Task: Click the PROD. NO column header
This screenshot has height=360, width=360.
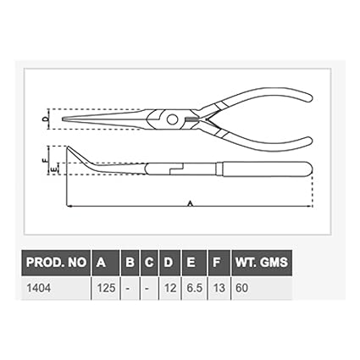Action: coord(55,263)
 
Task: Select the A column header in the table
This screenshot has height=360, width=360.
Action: coord(102,263)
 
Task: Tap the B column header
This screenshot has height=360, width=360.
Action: coord(129,263)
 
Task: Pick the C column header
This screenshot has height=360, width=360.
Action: coord(148,263)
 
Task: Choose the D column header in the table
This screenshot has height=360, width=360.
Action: coord(169,263)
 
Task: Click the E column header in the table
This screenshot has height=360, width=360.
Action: coord(193,263)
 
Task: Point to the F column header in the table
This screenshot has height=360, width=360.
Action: coord(218,263)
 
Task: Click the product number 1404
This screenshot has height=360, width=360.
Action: coord(39,289)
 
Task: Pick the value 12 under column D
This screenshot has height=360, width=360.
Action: coord(169,289)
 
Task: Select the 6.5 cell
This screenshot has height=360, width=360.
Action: coord(194,289)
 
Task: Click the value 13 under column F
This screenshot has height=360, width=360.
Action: coord(219,289)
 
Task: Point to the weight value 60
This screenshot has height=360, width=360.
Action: coord(243,289)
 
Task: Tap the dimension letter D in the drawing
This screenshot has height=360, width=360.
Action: coord(45,119)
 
